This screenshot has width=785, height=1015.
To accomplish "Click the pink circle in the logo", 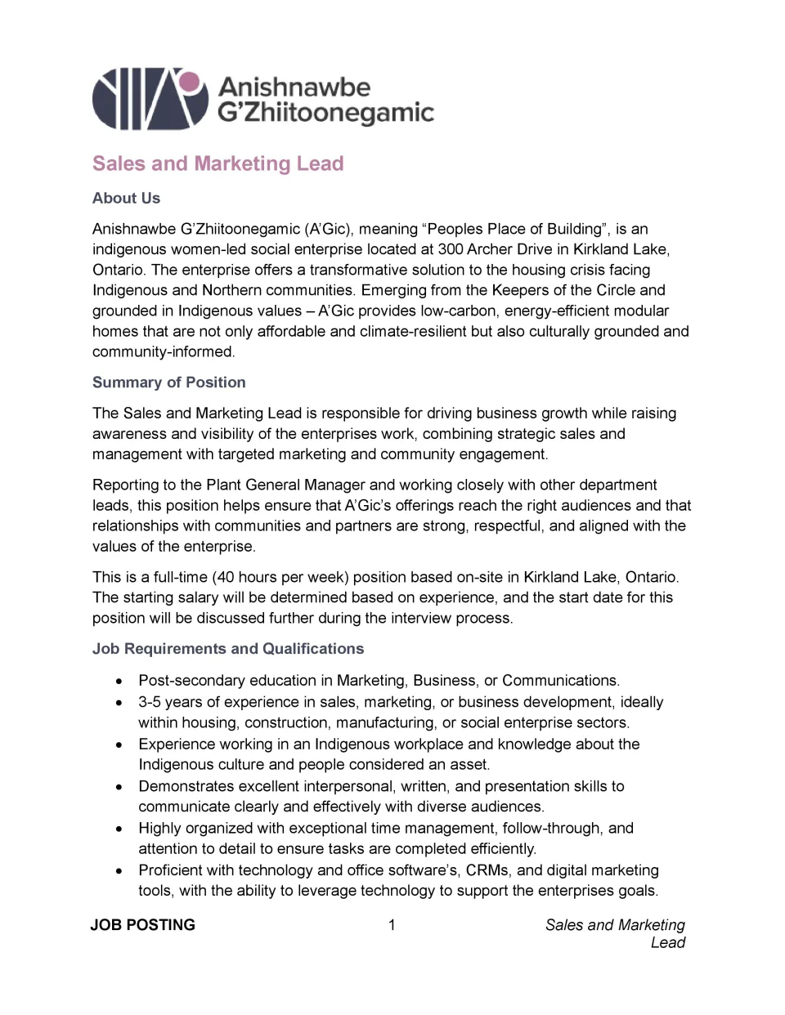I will [x=189, y=82].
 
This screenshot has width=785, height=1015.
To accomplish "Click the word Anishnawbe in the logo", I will [x=294, y=87].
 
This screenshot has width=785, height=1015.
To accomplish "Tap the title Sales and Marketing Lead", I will [x=218, y=163].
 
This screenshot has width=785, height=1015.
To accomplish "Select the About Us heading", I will [x=126, y=198].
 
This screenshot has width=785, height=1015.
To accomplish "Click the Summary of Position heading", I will [x=168, y=382].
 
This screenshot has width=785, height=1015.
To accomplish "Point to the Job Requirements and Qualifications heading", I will [x=228, y=649].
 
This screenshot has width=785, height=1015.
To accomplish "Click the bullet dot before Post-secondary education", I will [x=120, y=681].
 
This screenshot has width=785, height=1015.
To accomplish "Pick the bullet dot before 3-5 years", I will [x=120, y=702].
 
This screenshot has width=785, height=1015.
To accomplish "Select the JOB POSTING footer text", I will [x=143, y=925].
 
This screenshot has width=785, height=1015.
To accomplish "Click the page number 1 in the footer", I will [x=392, y=925].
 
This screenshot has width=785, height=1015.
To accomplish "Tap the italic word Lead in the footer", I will [x=667, y=942].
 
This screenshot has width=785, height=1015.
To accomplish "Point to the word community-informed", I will [x=164, y=351].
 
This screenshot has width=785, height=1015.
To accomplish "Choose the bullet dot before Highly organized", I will [x=120, y=829].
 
